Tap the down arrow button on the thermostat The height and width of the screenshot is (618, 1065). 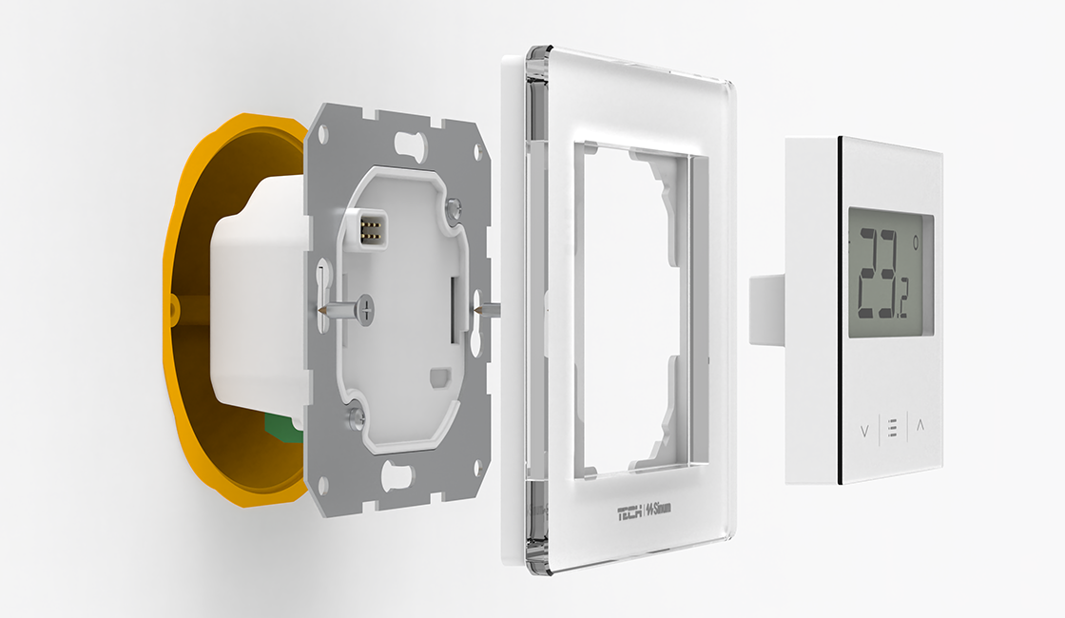pos(864,431)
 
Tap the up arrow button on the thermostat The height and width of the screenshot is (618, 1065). pos(920,426)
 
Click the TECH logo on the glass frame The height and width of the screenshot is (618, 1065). pos(629,513)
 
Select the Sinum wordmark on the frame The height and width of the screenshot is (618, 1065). pos(658,508)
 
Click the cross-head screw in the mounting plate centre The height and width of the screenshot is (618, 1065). pos(365,309)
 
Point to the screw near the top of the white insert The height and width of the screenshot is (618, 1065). pos(453,204)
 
